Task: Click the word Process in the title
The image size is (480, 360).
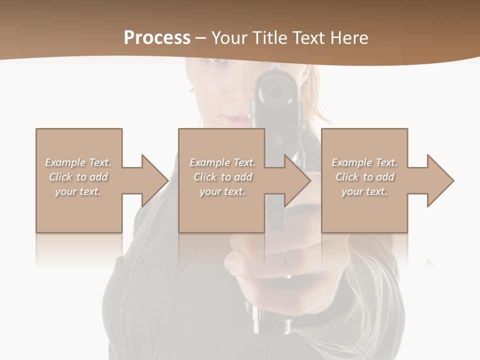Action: [x=157, y=38]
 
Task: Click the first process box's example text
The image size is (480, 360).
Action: [x=78, y=177]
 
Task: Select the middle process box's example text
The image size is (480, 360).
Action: [x=222, y=177]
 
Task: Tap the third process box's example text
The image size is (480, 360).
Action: [x=364, y=177]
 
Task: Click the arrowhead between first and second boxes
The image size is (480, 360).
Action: [x=154, y=180]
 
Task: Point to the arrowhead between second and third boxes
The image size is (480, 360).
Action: [x=297, y=180]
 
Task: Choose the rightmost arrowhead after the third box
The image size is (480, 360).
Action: [x=440, y=180]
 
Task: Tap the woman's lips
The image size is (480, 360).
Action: [x=236, y=119]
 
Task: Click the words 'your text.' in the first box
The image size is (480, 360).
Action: [x=78, y=191]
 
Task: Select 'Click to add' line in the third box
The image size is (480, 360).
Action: [x=364, y=177]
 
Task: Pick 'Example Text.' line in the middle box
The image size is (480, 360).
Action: [x=222, y=162]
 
